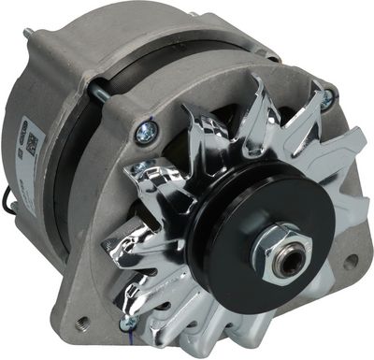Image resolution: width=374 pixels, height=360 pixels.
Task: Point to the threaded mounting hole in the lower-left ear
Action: point(83,323)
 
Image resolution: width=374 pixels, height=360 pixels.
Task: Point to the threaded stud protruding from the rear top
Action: point(31,36)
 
